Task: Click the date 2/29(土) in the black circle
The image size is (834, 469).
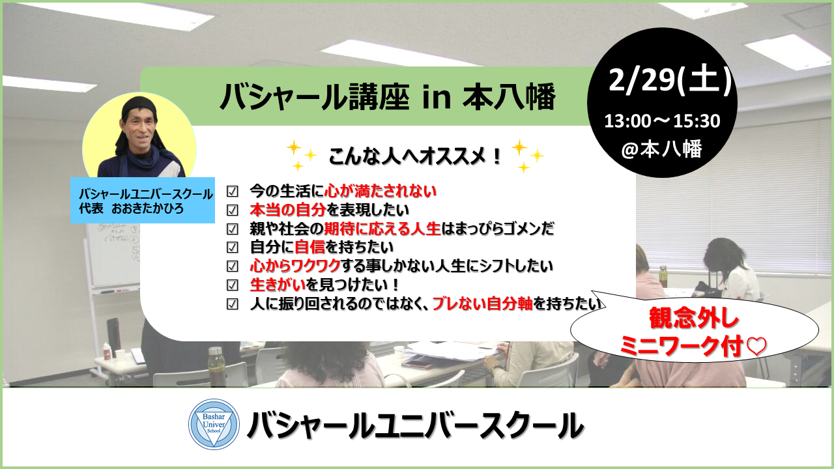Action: [x=670, y=80]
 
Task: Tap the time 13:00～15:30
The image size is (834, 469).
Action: [x=662, y=121]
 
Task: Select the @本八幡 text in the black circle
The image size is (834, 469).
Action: [x=661, y=149]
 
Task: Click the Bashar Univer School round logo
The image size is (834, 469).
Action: [x=214, y=424]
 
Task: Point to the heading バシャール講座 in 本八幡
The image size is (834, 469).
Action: [x=388, y=98]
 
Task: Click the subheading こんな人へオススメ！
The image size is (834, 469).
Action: [x=416, y=156]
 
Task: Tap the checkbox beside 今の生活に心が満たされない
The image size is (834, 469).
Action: [x=233, y=192]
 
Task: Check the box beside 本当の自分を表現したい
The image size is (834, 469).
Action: [x=233, y=210]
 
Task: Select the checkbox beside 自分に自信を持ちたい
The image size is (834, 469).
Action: [x=233, y=247]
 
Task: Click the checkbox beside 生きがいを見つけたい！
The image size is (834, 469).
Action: [x=233, y=285]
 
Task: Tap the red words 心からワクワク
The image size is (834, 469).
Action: [x=295, y=266]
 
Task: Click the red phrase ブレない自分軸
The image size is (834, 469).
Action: [x=483, y=304]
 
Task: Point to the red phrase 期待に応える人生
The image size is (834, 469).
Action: [x=382, y=229]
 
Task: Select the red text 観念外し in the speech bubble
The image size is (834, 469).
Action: [x=694, y=319]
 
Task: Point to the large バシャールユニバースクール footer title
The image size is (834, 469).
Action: [x=415, y=425]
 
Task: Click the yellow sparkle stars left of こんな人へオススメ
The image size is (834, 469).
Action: [x=302, y=155]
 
